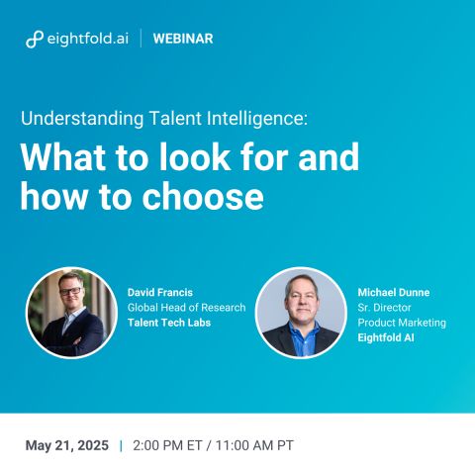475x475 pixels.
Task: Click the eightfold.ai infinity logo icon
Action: click(35, 40)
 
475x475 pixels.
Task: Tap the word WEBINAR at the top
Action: click(183, 39)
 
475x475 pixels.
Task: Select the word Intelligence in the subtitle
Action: click(257, 118)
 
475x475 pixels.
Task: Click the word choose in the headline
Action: click(203, 196)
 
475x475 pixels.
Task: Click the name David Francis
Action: click(160, 292)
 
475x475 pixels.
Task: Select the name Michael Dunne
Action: click(394, 292)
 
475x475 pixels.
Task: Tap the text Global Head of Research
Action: click(186, 308)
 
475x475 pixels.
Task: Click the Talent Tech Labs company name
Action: click(169, 323)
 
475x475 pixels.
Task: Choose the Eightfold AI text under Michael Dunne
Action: click(386, 337)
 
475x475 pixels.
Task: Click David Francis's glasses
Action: click(70, 291)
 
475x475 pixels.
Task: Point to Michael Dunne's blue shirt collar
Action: click(301, 330)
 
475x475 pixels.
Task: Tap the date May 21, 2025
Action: click(67, 445)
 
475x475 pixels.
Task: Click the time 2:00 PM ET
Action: click(167, 445)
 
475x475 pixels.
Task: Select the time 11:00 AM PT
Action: click(254, 445)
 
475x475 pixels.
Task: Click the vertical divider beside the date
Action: click(121, 445)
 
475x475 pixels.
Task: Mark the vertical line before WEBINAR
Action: click(142, 39)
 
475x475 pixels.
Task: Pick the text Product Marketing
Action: click(402, 323)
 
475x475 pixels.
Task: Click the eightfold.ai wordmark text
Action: click(88, 39)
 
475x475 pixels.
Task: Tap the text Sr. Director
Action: click(384, 308)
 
